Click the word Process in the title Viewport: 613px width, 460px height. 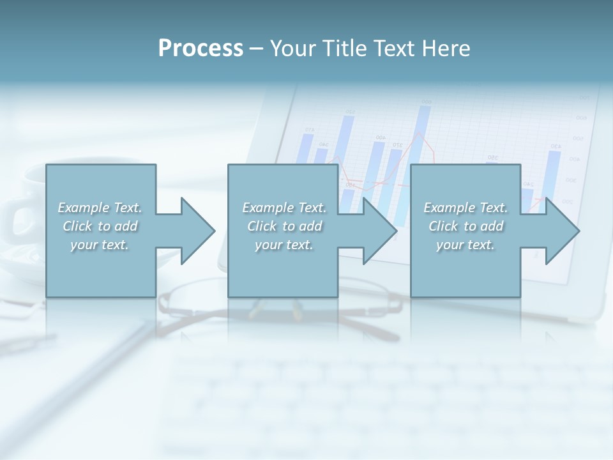[201, 49]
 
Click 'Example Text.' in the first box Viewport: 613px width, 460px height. [100, 208]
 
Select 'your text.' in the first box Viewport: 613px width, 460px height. [100, 245]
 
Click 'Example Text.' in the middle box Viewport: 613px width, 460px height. [284, 208]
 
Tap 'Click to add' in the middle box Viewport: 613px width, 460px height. [284, 226]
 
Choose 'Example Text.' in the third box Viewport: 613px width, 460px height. [465, 208]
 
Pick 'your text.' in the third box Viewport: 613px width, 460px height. [465, 245]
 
